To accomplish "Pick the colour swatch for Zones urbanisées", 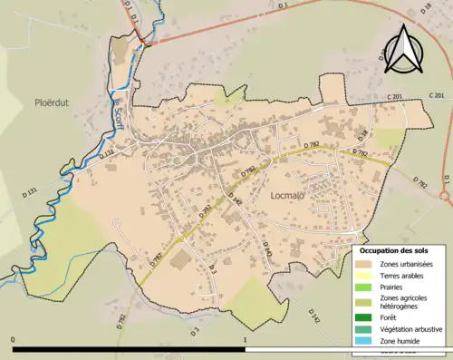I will (x=367, y=264).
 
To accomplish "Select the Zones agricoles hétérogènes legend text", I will (x=404, y=302).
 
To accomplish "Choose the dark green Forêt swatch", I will (x=367, y=317).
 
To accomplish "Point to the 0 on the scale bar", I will (x=14, y=340).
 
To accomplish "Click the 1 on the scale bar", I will (x=245, y=340).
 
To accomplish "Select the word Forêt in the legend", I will (x=390, y=317).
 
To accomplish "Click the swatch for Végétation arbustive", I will (x=367, y=328).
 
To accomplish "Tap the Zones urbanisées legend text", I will (x=406, y=264).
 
